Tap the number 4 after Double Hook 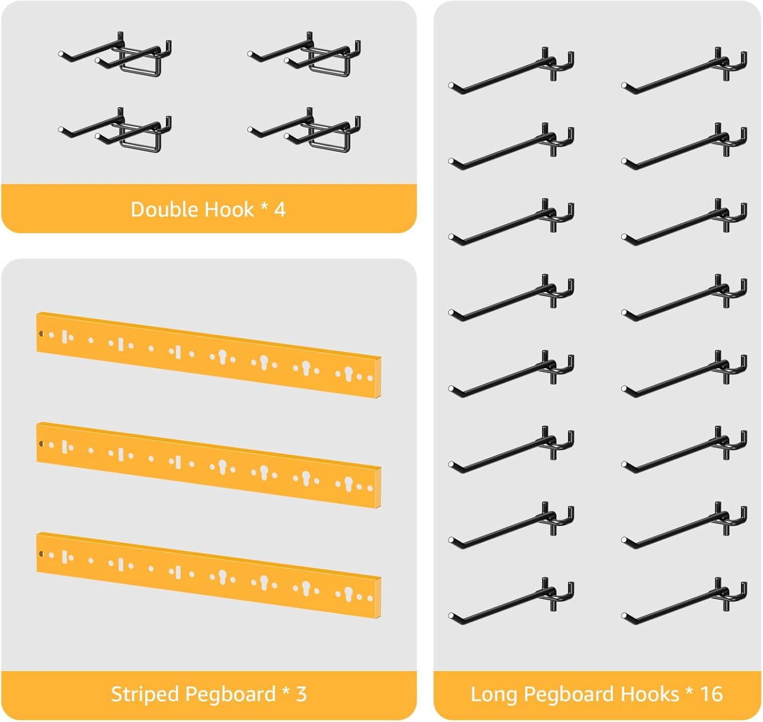click(x=280, y=210)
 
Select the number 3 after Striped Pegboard click(x=301, y=694)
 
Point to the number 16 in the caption click(x=712, y=694)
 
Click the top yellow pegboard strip click(x=209, y=355)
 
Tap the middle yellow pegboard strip click(x=209, y=465)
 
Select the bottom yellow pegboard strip click(x=209, y=575)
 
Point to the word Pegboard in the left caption click(x=230, y=695)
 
